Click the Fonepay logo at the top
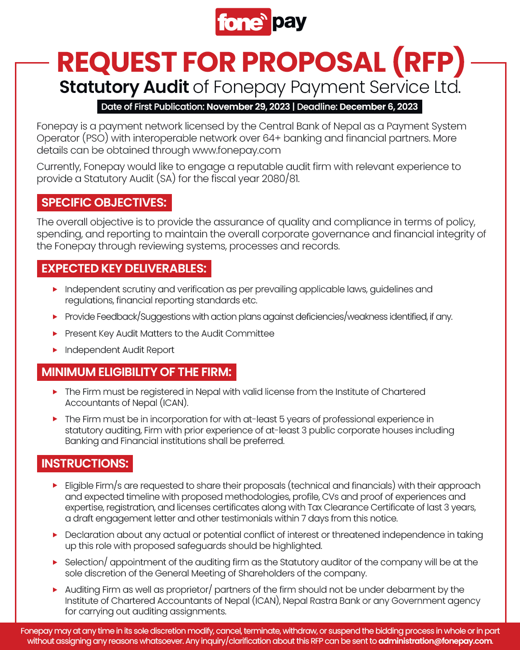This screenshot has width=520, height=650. (260, 22)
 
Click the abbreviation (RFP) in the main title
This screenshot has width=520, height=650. (429, 63)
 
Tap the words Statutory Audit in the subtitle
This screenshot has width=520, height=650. (124, 87)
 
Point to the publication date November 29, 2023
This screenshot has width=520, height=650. (248, 106)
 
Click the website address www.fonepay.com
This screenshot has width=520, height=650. (236, 150)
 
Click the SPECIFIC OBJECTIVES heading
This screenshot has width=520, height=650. (104, 203)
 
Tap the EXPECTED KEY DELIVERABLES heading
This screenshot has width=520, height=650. (124, 269)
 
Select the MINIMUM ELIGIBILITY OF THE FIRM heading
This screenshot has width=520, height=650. (136, 372)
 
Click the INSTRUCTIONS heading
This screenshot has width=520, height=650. (85, 464)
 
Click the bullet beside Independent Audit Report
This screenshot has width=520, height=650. (55, 350)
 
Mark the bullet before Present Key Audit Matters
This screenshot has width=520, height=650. (55, 334)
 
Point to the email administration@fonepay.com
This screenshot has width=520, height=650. (435, 641)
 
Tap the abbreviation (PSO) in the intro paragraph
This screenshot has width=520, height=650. (95, 138)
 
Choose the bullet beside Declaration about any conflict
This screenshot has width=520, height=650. (55, 535)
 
